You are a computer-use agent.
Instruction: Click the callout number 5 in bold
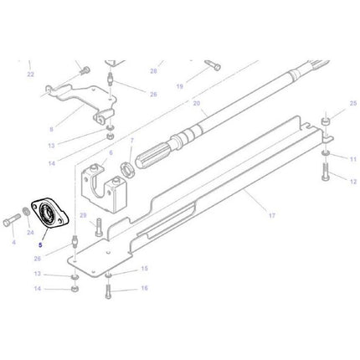coord(39,246)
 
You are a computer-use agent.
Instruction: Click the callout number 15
coord(144,269)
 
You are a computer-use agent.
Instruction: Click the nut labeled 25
coord(323,126)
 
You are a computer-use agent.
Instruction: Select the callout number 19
coord(179,85)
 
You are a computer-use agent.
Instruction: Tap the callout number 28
coord(153,71)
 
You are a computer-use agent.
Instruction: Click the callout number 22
coord(30,75)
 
